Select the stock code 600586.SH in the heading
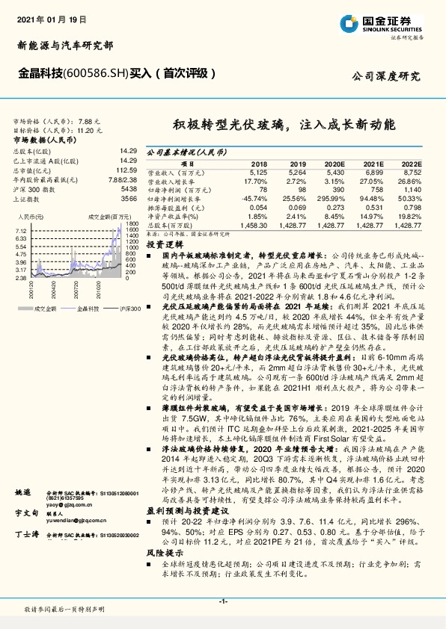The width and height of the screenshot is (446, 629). [x=82, y=74]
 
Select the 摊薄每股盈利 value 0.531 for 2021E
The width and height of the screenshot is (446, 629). [x=374, y=206]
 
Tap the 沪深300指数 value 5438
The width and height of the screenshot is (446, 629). [x=129, y=189]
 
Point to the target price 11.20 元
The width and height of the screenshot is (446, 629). [x=88, y=130]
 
